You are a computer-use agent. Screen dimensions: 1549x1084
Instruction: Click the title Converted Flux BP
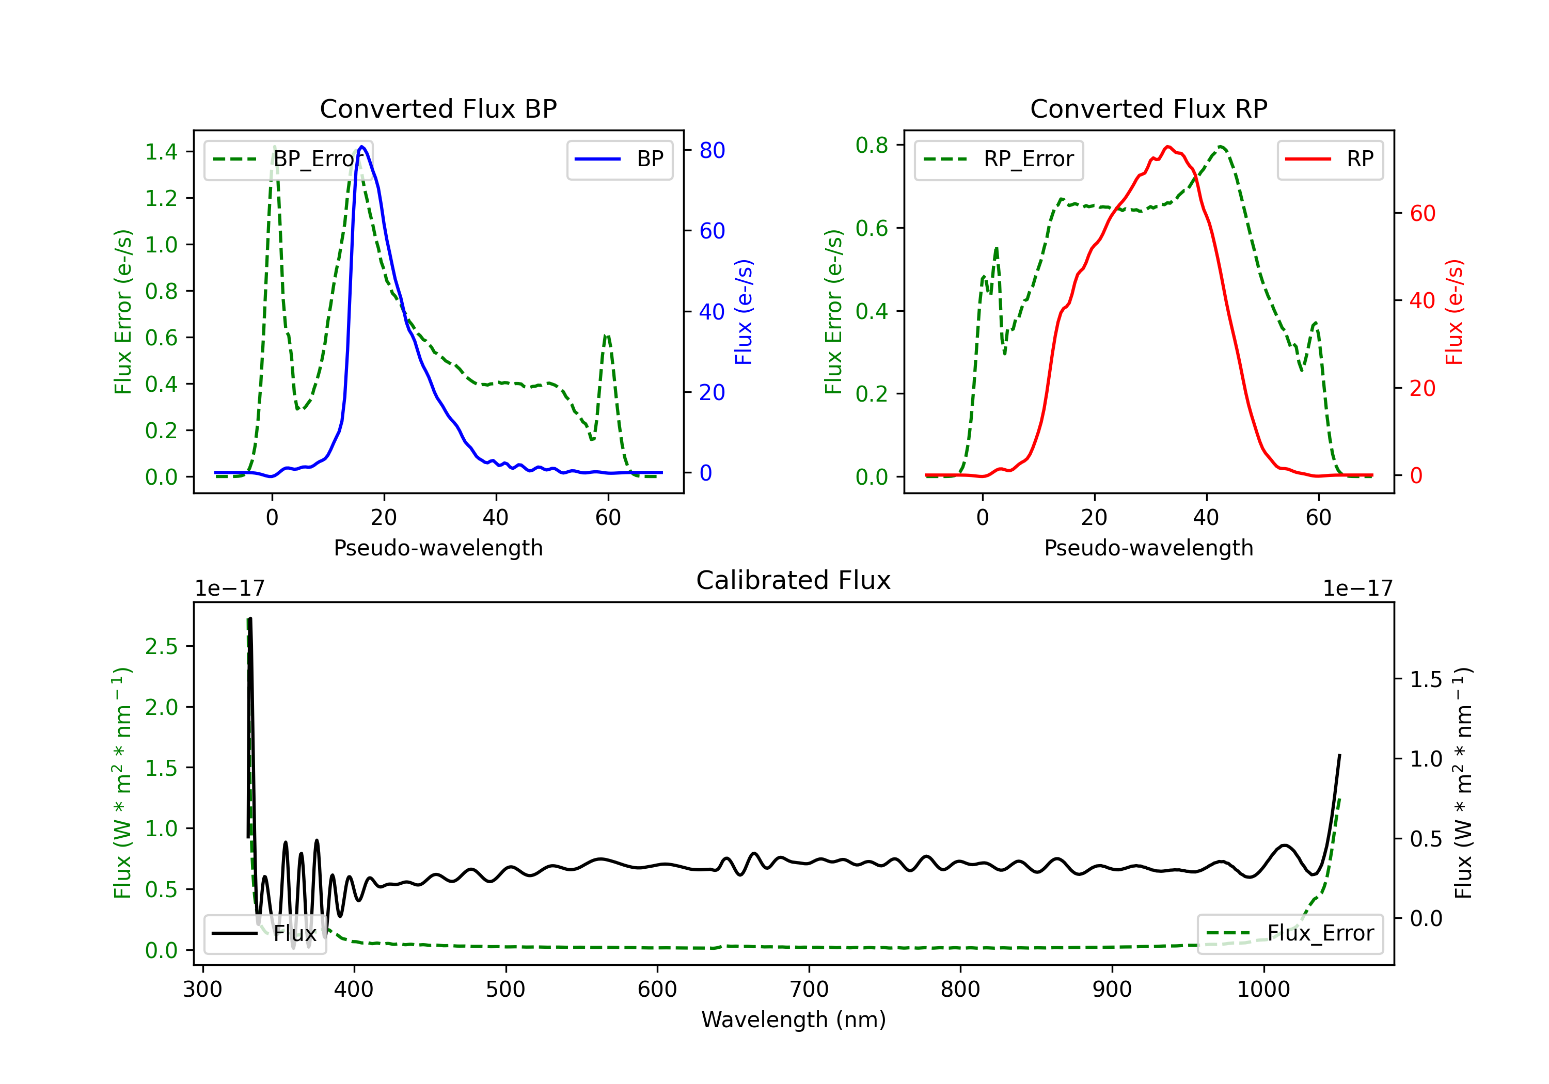438,108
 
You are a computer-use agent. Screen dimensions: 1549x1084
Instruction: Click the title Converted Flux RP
1149,108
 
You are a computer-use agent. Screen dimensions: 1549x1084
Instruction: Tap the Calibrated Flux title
794,580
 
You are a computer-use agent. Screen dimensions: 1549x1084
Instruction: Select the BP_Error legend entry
289,159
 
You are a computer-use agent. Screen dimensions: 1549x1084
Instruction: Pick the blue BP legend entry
619,159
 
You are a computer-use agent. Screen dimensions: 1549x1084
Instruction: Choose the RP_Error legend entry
999,159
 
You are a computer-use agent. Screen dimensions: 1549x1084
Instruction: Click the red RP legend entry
1330,159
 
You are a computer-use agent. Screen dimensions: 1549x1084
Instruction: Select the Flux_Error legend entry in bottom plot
1290,934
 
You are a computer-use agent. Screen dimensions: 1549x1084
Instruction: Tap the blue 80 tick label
713,150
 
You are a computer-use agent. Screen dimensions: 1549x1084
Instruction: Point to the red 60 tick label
1423,214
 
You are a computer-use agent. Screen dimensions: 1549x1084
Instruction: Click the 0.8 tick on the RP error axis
872,145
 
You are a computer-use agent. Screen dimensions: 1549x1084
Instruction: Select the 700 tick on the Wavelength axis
809,990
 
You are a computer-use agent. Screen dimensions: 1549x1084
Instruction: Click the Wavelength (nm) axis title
794,1020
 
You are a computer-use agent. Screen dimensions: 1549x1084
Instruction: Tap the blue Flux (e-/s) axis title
744,312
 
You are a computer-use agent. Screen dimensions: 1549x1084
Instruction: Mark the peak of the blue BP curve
362,147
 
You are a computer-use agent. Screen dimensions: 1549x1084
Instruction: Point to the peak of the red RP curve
1168,147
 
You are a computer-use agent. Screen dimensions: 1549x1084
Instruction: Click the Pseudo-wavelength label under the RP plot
1149,548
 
